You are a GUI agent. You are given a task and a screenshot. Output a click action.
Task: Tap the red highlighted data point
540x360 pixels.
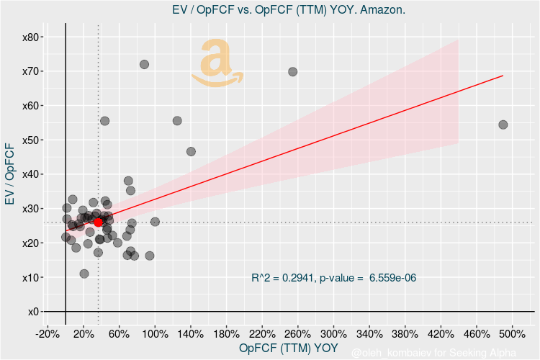99,222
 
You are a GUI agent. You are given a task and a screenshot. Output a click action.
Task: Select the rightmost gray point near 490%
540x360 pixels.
503,125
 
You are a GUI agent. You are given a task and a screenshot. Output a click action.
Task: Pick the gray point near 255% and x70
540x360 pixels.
292,72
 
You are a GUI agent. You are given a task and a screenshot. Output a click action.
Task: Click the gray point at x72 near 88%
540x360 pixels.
144,64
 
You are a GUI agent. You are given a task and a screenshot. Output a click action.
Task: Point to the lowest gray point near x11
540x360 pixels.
84,274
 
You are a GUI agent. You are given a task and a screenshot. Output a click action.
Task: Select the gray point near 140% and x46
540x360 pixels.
191,152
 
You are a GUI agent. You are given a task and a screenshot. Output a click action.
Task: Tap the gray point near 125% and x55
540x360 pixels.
177,121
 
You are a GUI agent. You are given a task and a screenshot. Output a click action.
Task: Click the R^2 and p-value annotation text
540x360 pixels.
334,278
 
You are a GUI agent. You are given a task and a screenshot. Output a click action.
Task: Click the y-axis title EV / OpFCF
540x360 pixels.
9,174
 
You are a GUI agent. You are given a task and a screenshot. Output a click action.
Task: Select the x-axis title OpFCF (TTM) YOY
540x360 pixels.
288,348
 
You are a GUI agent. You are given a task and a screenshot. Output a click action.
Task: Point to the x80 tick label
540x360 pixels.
32,37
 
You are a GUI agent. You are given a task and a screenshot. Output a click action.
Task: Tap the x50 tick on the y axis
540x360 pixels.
32,140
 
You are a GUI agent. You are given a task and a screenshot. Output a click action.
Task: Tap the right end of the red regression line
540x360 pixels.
502,76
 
